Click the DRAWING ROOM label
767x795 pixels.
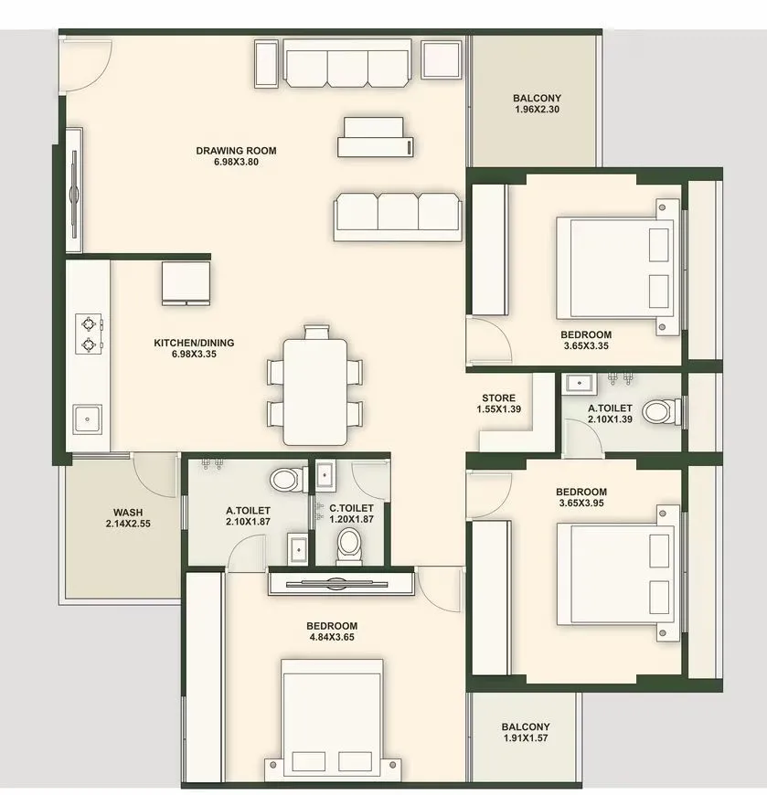pyautogui.click(x=236, y=151)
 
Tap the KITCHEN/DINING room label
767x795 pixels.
pyautogui.click(x=194, y=343)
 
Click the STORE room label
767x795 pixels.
pyautogui.click(x=498, y=398)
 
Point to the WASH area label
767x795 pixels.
pyautogui.click(x=127, y=513)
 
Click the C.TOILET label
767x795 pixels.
pyautogui.click(x=351, y=508)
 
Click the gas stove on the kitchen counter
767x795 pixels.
pyautogui.click(x=89, y=334)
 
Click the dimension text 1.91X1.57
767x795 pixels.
pyautogui.click(x=525, y=739)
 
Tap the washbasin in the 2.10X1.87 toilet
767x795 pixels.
pyautogui.click(x=296, y=549)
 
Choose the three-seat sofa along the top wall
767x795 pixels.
pyautogui.click(x=347, y=65)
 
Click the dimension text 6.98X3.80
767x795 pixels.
pyautogui.click(x=236, y=163)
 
